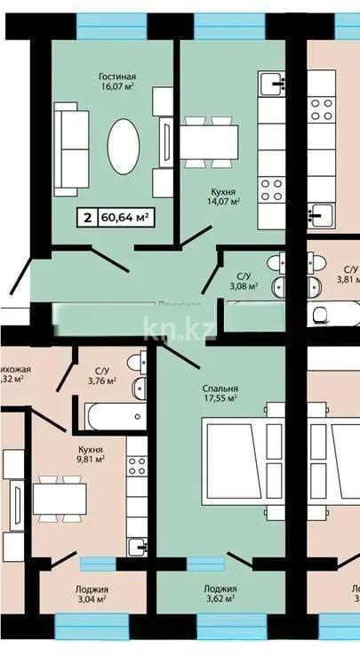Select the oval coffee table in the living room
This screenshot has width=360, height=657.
[124, 147]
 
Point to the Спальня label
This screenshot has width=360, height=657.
[218, 389]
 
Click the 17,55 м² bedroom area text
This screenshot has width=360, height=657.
[218, 399]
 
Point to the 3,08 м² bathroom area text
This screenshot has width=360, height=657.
[244, 286]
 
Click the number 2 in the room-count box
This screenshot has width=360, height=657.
[86, 216]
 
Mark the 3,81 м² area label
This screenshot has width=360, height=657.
[348, 279]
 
